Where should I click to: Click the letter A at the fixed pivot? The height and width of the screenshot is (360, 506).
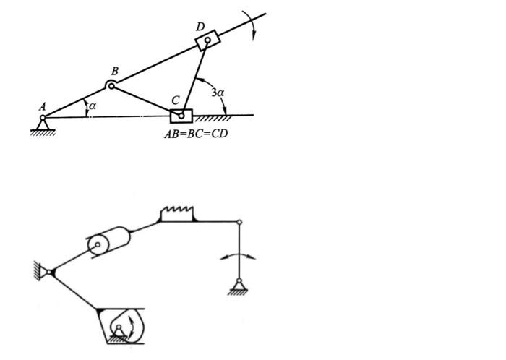coord(43,106)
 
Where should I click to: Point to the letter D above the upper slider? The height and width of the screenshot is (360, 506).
coord(200,27)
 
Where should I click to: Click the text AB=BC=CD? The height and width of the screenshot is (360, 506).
coord(197,133)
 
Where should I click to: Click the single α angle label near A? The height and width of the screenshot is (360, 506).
coord(91,107)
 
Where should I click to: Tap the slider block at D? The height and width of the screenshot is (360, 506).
coord(207,40)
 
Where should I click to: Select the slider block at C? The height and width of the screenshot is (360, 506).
coord(181,116)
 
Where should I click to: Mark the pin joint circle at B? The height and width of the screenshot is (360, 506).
coord(111,86)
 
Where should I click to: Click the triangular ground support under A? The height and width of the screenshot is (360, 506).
coord(43,127)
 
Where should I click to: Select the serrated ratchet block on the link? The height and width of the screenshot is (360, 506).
coord(177,214)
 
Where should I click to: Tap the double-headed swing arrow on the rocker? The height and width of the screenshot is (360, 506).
coord(239,256)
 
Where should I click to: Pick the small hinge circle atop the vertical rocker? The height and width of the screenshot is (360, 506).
coord(240,223)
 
